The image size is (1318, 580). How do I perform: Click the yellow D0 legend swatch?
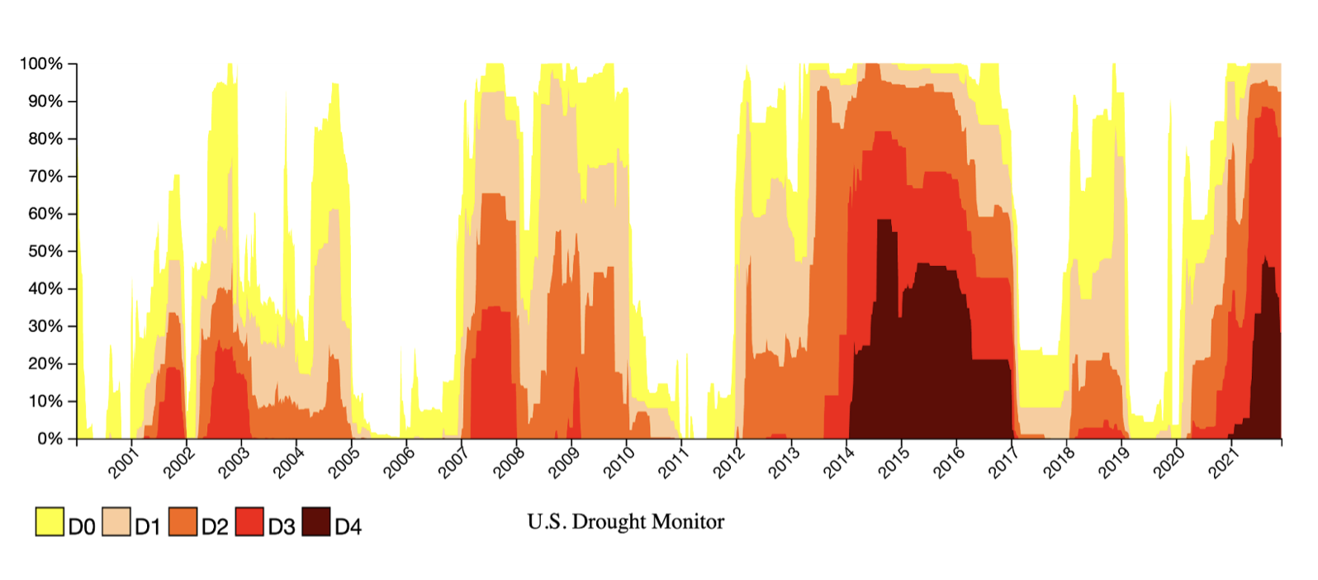coord(50,521)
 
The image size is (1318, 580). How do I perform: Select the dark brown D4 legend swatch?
coord(316,521)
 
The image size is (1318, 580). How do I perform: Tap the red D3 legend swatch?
coord(249,521)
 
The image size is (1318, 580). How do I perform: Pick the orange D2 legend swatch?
coord(183,521)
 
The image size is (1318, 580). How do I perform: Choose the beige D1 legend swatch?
coord(116,521)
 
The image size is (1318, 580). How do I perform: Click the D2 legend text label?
coord(215,526)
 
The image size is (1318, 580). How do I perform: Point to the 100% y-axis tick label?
coord(41,64)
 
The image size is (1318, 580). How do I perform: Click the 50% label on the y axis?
coord(45,251)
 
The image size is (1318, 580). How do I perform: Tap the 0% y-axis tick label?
coord(50,439)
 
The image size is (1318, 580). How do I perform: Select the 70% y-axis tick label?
coord(45,176)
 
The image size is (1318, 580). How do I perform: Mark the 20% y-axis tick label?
coord(45,364)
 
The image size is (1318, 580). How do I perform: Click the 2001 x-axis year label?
coord(123,464)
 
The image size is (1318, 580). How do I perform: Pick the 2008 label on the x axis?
coord(509,464)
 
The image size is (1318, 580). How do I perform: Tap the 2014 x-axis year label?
coord(838,464)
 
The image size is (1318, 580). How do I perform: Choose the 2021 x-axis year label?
coord(1224,464)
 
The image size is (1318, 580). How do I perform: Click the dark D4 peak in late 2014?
coord(884,220)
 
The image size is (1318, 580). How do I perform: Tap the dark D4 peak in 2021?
coord(1265,257)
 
